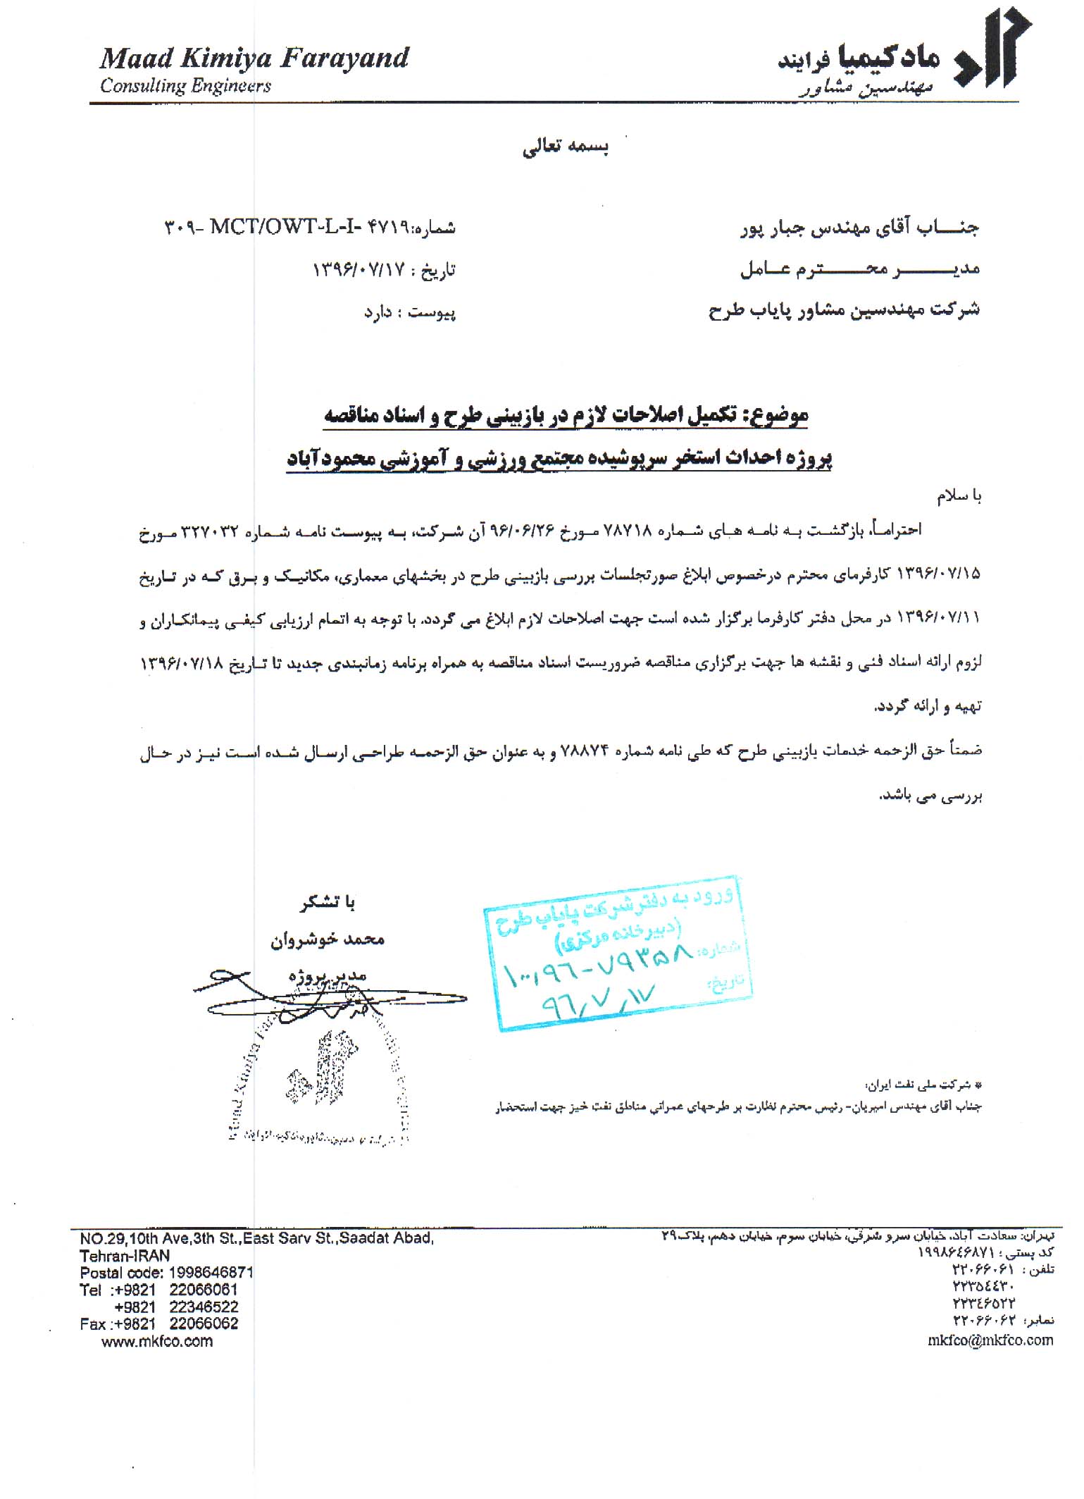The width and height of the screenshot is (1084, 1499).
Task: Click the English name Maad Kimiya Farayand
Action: pyautogui.click(x=254, y=58)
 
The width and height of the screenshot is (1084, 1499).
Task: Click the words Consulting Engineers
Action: pyautogui.click(x=185, y=86)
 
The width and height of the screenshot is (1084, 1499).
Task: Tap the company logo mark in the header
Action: pyautogui.click(x=990, y=56)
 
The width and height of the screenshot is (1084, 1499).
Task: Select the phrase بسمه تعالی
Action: pyautogui.click(x=566, y=148)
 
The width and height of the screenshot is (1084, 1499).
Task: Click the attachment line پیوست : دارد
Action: pyautogui.click(x=410, y=311)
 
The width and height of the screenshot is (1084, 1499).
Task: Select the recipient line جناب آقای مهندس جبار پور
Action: pyautogui.click(x=859, y=228)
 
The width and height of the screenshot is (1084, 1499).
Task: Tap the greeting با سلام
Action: pyautogui.click(x=959, y=496)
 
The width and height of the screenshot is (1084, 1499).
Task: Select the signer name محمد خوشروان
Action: pyautogui.click(x=328, y=939)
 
